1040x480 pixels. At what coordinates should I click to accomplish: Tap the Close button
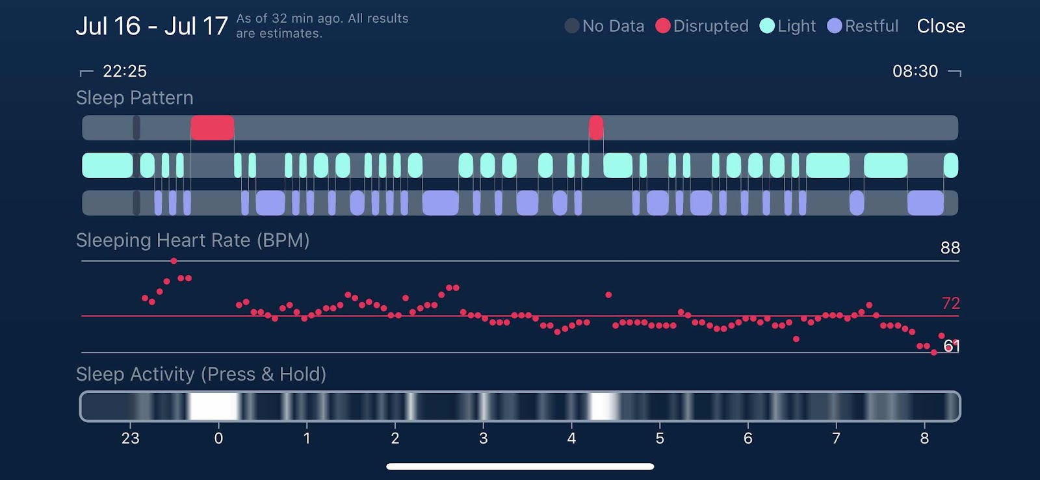[x=941, y=26]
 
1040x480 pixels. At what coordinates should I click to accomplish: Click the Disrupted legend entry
[x=703, y=26]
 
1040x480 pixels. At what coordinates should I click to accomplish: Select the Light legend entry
[x=788, y=26]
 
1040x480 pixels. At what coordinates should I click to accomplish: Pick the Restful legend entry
[x=863, y=26]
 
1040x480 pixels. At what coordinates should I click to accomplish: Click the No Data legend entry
[x=605, y=26]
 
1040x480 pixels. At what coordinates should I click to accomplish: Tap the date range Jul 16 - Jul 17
[x=151, y=26]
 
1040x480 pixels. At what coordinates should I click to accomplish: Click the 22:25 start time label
[x=125, y=71]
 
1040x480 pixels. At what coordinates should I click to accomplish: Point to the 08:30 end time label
[x=915, y=71]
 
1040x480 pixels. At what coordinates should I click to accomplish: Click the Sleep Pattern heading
[x=135, y=98]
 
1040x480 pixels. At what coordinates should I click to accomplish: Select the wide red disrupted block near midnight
[x=212, y=128]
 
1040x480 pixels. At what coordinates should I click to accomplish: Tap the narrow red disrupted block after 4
[x=595, y=128]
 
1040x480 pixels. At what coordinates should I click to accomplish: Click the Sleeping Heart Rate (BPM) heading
[x=192, y=240]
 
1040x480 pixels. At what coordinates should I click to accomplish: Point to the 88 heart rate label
[x=950, y=247]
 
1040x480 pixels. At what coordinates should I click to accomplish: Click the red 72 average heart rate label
[x=950, y=303]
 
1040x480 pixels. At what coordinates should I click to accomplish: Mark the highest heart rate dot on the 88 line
[x=174, y=261]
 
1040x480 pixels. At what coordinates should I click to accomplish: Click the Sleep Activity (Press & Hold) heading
[x=201, y=374]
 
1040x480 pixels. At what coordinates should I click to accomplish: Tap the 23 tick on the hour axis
[x=131, y=438]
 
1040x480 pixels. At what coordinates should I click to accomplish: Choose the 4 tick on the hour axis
[x=571, y=438]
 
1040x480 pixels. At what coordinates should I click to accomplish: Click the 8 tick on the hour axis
[x=924, y=438]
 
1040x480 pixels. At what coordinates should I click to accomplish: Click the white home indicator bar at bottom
[x=520, y=466]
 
